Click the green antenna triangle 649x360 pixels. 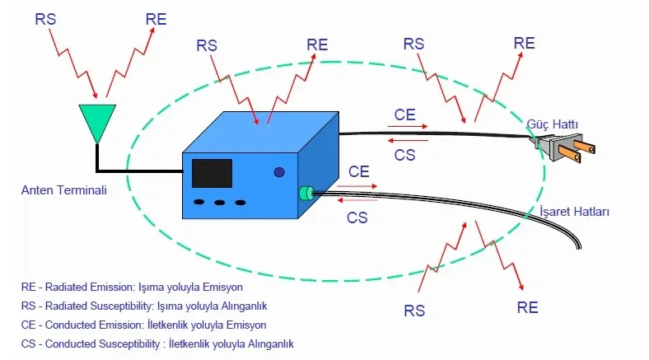97,120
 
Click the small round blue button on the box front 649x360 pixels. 279,172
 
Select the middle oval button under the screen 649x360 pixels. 220,203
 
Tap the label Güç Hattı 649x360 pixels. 553,124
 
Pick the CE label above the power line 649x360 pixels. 404,115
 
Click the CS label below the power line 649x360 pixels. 404,153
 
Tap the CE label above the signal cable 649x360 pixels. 358,172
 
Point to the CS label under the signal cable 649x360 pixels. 357,217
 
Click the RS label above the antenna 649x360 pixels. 46,18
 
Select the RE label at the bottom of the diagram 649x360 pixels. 527,307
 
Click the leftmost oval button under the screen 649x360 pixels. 199,203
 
